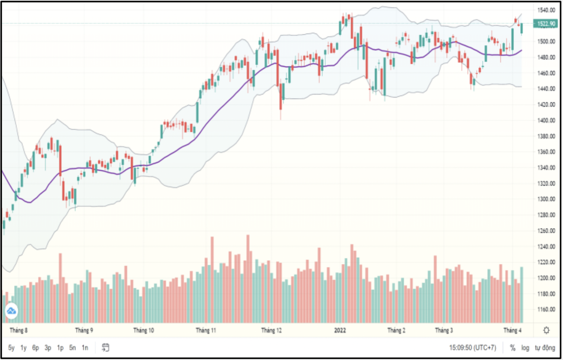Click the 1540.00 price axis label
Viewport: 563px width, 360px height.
546,10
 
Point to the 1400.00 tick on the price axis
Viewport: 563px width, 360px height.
546,120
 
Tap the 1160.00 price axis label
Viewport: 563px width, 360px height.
546,310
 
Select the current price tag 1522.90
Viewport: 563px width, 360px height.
546,23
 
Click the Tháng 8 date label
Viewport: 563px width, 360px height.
19,330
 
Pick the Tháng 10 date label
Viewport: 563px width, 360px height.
144,330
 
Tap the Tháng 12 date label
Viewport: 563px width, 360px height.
271,330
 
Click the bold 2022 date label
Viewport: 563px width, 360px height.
340,330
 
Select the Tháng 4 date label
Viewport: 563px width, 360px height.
512,330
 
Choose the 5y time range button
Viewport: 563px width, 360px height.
11,348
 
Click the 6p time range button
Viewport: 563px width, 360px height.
36,348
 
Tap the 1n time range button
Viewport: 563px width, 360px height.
85,348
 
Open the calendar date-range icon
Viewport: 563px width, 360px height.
105,348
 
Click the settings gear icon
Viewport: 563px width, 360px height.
546,330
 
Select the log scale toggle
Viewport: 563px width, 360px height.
525,348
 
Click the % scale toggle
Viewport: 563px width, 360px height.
512,348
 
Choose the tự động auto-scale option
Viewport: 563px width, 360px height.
545,348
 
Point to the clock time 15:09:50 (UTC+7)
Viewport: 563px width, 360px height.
472,348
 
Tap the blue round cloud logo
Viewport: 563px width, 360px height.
11,311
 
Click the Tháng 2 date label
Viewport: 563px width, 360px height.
396,330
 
